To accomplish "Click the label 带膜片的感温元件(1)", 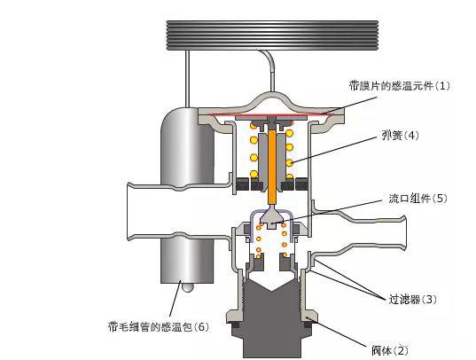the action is click(x=399, y=85).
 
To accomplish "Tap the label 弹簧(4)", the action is click(x=400, y=135).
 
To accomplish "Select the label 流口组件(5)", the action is click(x=417, y=199).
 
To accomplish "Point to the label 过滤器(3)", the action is click(x=413, y=299).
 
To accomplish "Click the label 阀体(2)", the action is click(x=390, y=351).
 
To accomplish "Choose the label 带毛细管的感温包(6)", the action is click(x=159, y=327).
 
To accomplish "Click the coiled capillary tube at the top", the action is click(x=272, y=35).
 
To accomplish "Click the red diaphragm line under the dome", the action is click(x=273, y=114).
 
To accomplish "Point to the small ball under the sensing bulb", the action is click(x=187, y=287).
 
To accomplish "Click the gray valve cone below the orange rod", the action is click(x=272, y=217).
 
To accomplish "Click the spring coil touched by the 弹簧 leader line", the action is click(x=290, y=162).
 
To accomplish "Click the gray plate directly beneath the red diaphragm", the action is click(x=273, y=117).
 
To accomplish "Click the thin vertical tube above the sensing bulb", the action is click(x=188, y=78).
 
